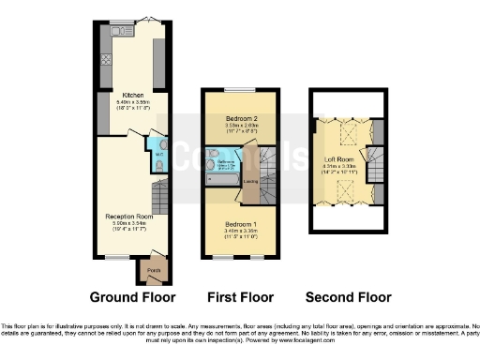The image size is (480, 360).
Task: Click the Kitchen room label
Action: (x=131, y=95)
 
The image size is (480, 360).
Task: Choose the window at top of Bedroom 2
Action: (x=239, y=90)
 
